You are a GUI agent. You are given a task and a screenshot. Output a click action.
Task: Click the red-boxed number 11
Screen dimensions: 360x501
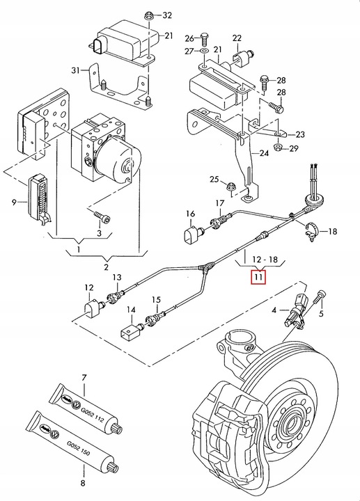point(258,277)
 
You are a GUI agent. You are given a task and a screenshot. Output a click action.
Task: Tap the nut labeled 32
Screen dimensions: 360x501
point(149,15)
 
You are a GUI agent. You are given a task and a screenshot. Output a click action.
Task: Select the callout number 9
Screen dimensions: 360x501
point(14,202)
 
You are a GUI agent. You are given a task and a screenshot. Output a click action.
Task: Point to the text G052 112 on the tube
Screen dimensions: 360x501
point(92,414)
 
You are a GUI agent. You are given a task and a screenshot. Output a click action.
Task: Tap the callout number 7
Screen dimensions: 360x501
point(84,378)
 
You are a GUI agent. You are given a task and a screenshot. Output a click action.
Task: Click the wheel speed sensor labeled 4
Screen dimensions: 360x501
point(297,311)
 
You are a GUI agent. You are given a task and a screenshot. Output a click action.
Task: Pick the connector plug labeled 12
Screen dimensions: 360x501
point(93,308)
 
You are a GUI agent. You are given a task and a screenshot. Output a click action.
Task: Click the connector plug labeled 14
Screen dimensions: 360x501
point(130,331)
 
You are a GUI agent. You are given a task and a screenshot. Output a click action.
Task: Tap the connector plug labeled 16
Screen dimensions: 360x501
point(193,234)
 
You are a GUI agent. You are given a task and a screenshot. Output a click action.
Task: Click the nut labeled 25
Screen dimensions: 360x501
point(231,186)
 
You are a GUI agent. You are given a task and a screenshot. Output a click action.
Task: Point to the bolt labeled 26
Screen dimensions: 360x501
point(205,39)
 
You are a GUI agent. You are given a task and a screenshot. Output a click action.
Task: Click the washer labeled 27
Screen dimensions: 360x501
point(204,51)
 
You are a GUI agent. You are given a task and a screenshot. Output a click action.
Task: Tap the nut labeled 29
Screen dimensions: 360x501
point(279,148)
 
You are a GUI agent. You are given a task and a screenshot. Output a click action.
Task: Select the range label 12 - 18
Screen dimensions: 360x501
point(265,259)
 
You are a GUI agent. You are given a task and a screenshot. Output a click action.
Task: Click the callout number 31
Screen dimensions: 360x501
point(75,70)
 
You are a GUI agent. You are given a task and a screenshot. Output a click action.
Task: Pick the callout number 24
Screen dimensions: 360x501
point(264,153)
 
